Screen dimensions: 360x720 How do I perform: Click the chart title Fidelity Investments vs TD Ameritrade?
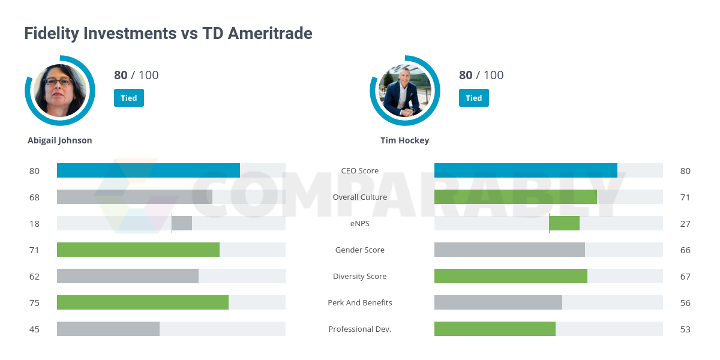click(x=168, y=33)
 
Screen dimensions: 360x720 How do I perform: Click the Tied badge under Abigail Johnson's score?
click(x=129, y=98)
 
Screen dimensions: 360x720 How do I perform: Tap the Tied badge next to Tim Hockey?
click(x=474, y=98)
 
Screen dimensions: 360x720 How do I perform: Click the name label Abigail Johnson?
click(x=60, y=140)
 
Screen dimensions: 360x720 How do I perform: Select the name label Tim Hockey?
click(x=405, y=140)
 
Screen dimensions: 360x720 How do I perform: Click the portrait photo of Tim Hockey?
click(x=405, y=91)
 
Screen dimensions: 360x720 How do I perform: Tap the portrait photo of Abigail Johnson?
click(x=60, y=91)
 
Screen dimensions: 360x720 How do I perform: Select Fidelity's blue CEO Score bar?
click(x=148, y=170)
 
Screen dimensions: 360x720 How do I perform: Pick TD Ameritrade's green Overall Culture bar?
click(x=515, y=197)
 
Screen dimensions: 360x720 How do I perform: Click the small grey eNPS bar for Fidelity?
click(x=182, y=223)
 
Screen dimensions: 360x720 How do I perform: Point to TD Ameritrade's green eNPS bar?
click(x=565, y=223)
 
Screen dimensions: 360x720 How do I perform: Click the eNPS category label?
click(x=360, y=223)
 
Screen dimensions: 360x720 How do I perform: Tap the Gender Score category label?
click(x=360, y=250)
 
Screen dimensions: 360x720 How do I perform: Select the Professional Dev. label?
click(x=360, y=329)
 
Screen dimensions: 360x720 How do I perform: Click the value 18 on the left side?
click(x=34, y=223)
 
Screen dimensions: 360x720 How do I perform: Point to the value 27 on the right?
click(x=685, y=223)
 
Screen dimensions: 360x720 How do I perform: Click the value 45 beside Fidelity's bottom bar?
click(x=34, y=329)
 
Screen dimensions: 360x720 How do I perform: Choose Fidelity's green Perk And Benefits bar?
click(x=143, y=302)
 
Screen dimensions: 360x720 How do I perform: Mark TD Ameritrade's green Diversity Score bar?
click(x=511, y=276)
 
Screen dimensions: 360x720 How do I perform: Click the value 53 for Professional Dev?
click(x=685, y=329)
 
